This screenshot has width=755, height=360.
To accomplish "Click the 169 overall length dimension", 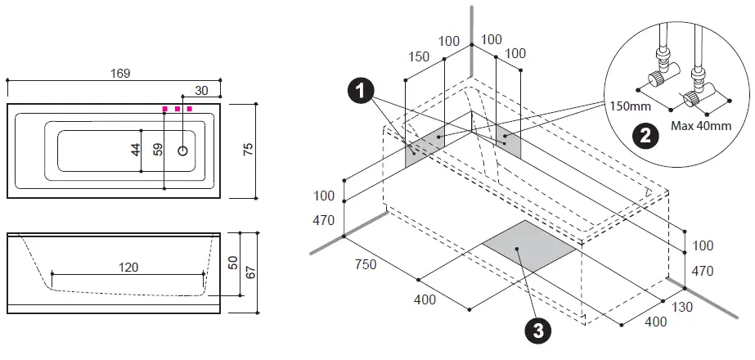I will (x=120, y=74).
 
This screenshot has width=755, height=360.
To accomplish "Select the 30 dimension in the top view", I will (x=200, y=90).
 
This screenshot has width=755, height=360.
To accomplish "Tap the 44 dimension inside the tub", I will (x=136, y=150).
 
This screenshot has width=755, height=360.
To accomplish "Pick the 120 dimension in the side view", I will (x=128, y=267).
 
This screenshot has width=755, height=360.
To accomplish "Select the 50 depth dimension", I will (x=231, y=263).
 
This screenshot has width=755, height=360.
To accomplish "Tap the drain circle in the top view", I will (x=183, y=151).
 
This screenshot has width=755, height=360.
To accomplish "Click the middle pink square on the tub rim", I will (x=177, y=108).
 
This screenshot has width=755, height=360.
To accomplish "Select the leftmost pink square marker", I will (x=164, y=108).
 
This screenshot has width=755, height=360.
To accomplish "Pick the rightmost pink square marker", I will (x=189, y=108).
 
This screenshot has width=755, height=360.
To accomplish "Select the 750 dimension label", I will (x=365, y=264).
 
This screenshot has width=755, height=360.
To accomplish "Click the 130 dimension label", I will (x=681, y=307).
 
